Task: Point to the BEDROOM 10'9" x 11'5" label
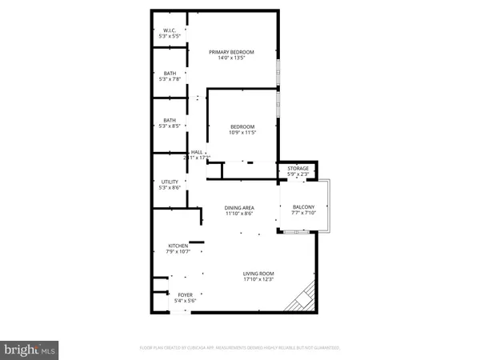(x=242, y=126)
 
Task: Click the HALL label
(x=196, y=152)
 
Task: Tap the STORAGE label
(x=298, y=169)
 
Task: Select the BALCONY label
(x=303, y=206)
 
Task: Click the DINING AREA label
(x=238, y=209)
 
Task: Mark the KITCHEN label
(x=177, y=246)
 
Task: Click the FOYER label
(x=185, y=294)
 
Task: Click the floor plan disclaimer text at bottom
(x=240, y=348)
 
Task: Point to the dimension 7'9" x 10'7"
(x=177, y=252)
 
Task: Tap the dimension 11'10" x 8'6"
(x=238, y=214)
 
